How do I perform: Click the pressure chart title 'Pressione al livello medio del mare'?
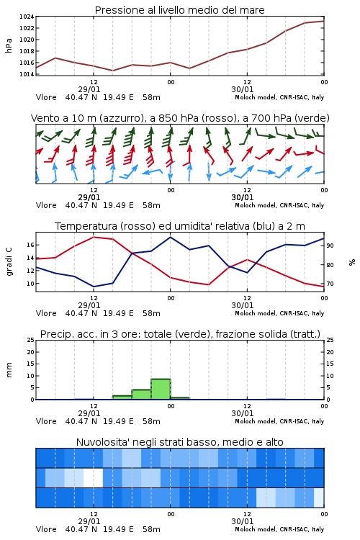coord(179,10)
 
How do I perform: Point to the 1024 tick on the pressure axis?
coord(27,17)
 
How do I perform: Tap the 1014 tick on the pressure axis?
coord(27,74)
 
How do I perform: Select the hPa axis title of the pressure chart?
coord(9,45)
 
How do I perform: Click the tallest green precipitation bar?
coord(161,389)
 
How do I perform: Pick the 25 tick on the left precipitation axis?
coord(31,340)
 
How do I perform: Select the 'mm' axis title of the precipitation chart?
coord(9,370)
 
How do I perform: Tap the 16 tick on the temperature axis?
coord(31,245)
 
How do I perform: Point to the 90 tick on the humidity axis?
coord(330,246)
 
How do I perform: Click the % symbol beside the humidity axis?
coord(352,262)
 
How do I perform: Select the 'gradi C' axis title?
coord(9,262)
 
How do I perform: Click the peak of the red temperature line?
coord(94,237)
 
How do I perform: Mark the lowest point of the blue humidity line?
coord(94,287)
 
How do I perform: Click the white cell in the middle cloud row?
coord(94,477)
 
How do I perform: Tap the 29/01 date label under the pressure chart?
coord(89,89)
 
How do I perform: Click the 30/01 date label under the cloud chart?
coord(243,521)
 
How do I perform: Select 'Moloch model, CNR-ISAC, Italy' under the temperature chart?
coord(279,313)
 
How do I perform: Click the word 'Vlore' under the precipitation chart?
coord(46,421)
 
